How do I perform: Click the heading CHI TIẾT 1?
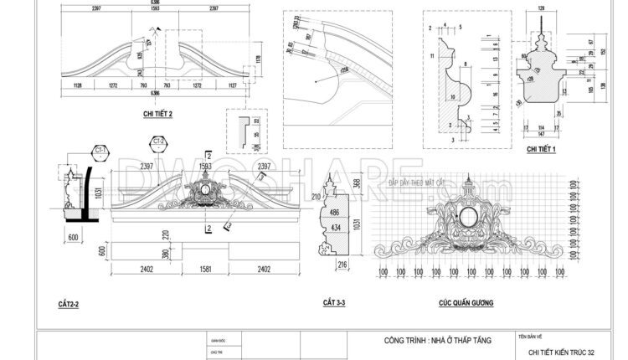[x=543, y=148]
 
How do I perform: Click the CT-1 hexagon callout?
[x=100, y=152]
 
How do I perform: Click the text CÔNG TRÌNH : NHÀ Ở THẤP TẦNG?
[x=436, y=340]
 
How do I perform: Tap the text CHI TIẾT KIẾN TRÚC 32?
[x=562, y=353]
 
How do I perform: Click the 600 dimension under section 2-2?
[x=73, y=237]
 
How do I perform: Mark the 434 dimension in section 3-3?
[x=335, y=229]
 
